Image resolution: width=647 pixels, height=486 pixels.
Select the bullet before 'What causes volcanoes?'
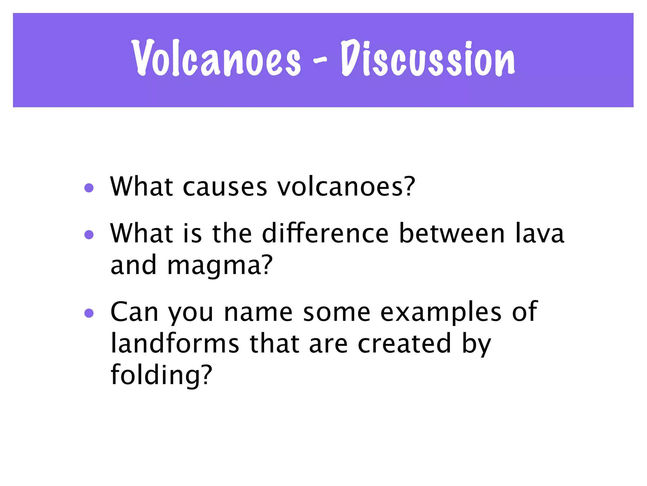point(89,188)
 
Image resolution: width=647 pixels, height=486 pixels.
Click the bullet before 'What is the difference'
point(89,234)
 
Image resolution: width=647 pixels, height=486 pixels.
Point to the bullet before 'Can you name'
point(89,313)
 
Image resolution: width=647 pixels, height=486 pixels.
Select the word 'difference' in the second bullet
point(325,233)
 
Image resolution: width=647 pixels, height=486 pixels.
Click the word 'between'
point(452,234)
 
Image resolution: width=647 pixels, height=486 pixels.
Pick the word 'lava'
point(540,233)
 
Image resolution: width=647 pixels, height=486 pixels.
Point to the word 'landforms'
point(175,344)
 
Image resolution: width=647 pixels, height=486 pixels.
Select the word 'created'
point(404,344)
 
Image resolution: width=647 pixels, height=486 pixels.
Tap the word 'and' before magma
point(133,265)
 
